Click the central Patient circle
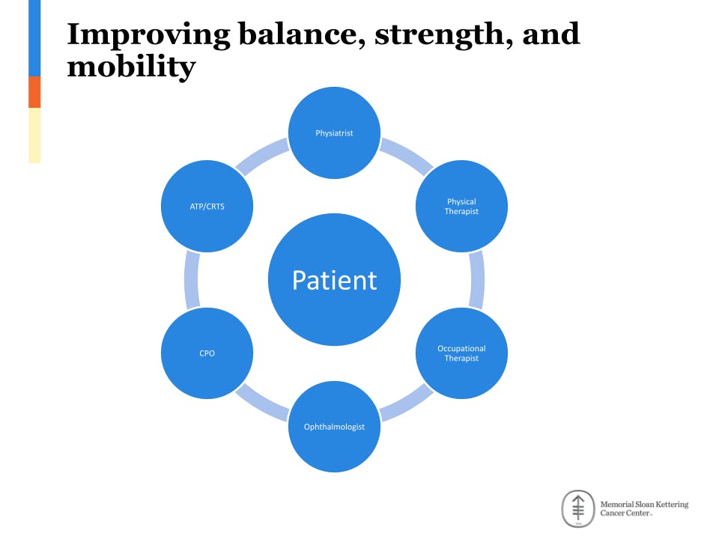point(334,280)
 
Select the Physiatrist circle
point(334,133)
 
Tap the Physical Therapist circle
point(461,206)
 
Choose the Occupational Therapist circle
point(461,353)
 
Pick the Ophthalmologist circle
point(334,427)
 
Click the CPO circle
point(207,353)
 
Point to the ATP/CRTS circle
point(207,206)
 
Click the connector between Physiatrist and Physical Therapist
point(406,155)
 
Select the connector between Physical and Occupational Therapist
point(476,280)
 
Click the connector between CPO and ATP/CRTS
point(192,280)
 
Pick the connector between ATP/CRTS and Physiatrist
point(262,155)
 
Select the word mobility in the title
point(131,67)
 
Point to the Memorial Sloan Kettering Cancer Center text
point(643,509)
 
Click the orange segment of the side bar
point(34,92)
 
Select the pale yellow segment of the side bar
point(34,135)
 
